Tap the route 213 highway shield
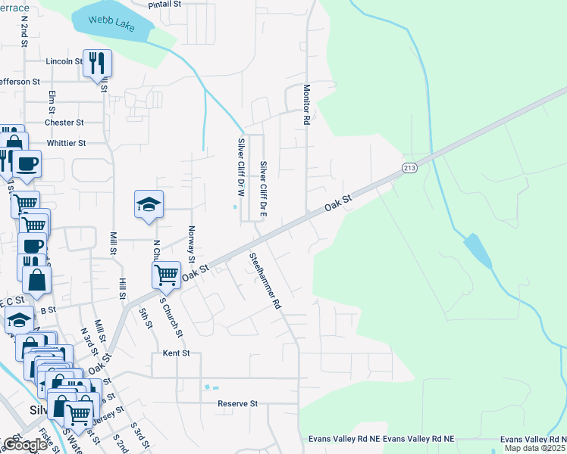(410, 167)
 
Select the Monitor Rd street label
(307, 104)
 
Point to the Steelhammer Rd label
(265, 281)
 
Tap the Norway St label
(192, 241)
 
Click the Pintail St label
(166, 4)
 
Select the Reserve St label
(238, 404)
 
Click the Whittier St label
(66, 142)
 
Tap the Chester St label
(64, 123)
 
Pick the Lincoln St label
(64, 61)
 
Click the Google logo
(25, 445)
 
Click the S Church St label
(171, 316)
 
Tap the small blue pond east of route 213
(476, 250)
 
